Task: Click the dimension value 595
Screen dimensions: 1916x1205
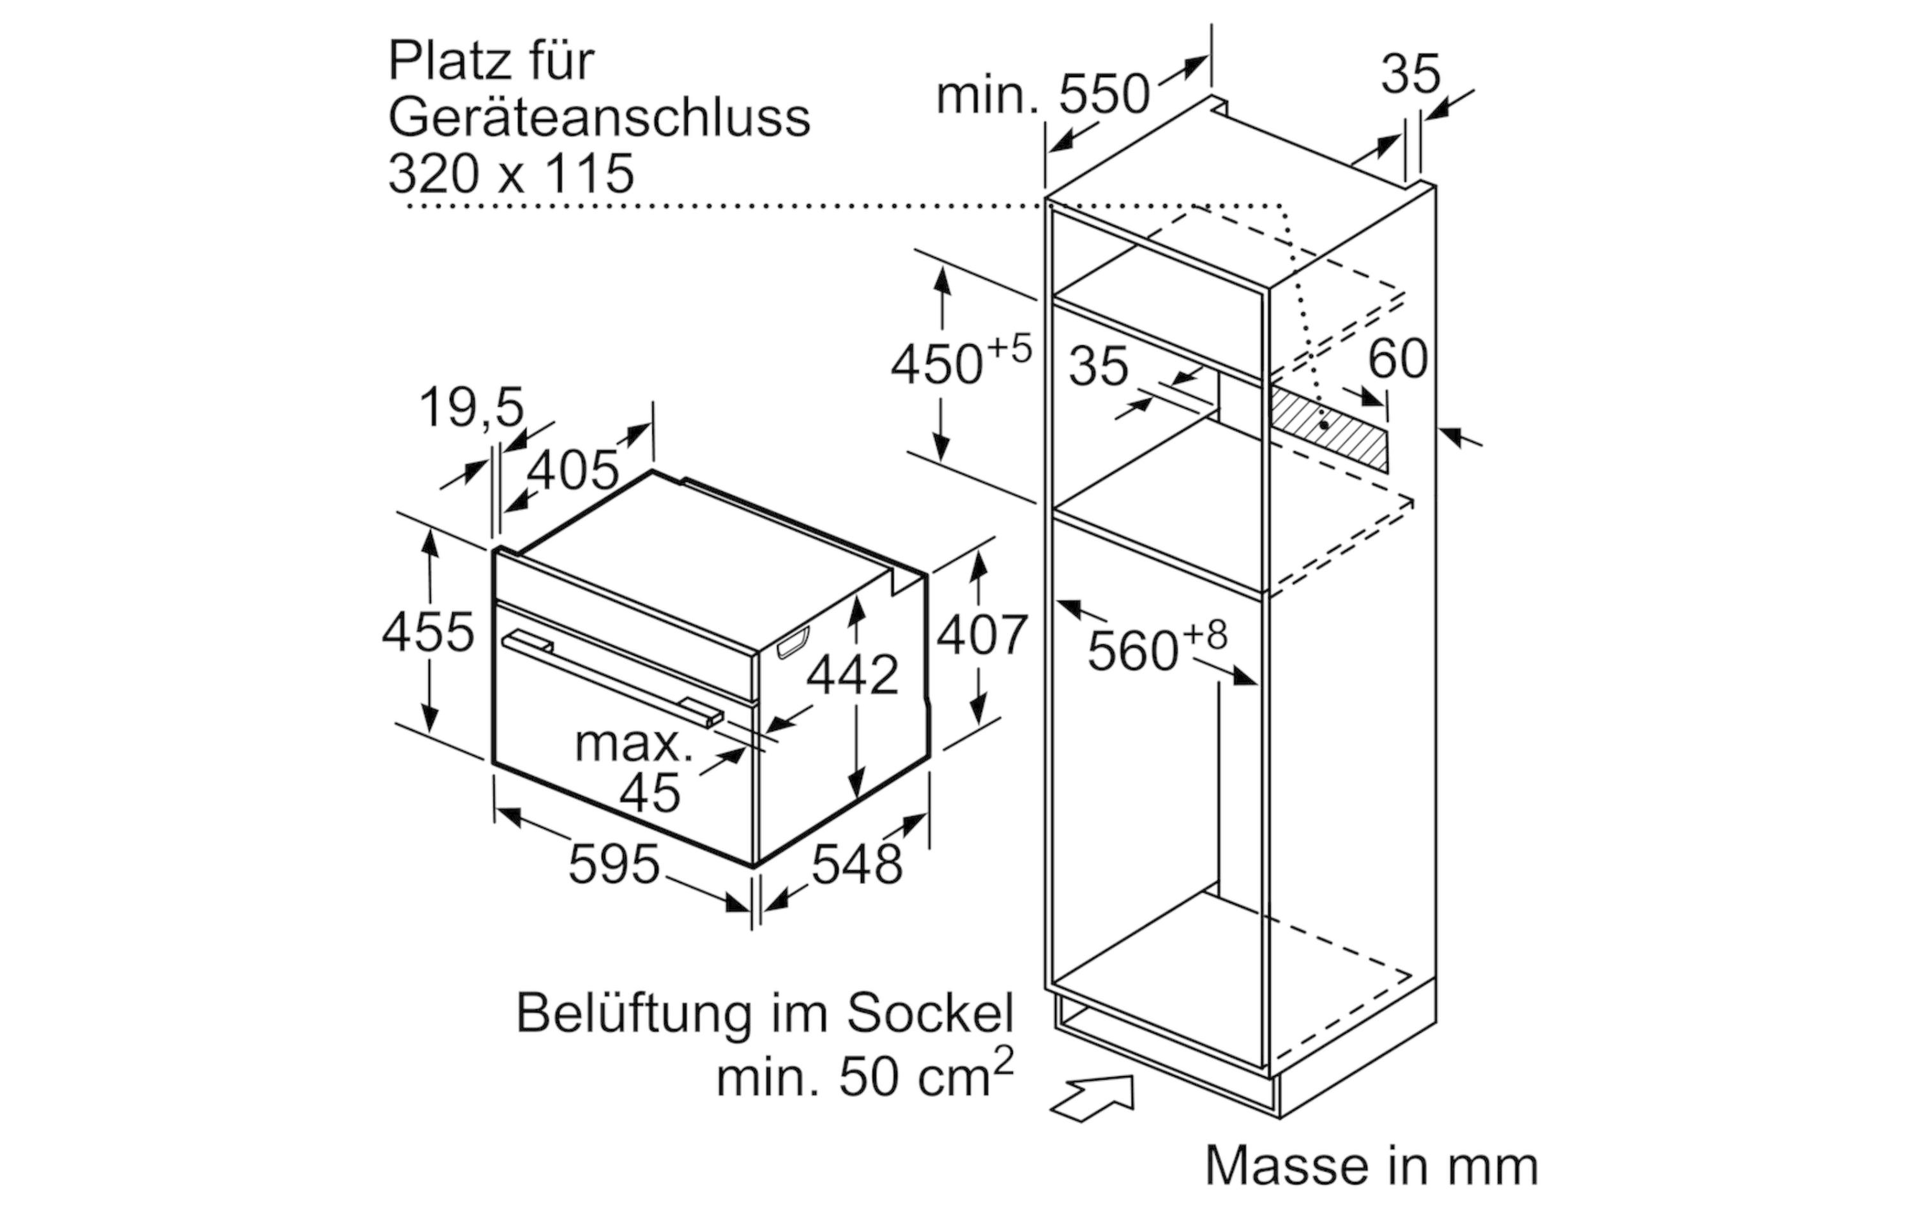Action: (614, 865)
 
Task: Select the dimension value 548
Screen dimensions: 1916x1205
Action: (857, 865)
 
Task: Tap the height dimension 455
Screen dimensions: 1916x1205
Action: (428, 633)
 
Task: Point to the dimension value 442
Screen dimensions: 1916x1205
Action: (852, 675)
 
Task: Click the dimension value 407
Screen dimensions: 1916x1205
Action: (982, 636)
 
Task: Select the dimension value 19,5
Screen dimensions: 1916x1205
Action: (472, 407)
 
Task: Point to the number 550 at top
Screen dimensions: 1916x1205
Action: (1104, 94)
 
